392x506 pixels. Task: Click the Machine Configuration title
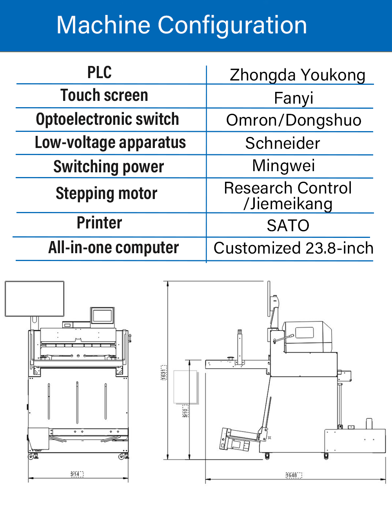(181, 25)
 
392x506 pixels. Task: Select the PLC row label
(100, 73)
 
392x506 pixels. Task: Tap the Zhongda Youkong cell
(297, 75)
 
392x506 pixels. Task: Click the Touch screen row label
(104, 95)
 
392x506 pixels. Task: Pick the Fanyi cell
(294, 98)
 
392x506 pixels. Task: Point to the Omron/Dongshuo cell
(294, 120)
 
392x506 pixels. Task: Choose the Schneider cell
(283, 143)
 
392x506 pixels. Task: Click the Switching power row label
(109, 166)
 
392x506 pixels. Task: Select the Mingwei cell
(283, 166)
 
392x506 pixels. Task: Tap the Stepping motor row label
(107, 194)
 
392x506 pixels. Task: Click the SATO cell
(288, 226)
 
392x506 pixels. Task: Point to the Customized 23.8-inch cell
(293, 248)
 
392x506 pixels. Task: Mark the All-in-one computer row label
(114, 248)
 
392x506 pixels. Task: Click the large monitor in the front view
(34, 299)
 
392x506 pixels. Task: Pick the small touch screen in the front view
(102, 316)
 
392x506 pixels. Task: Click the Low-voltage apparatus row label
(110, 143)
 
